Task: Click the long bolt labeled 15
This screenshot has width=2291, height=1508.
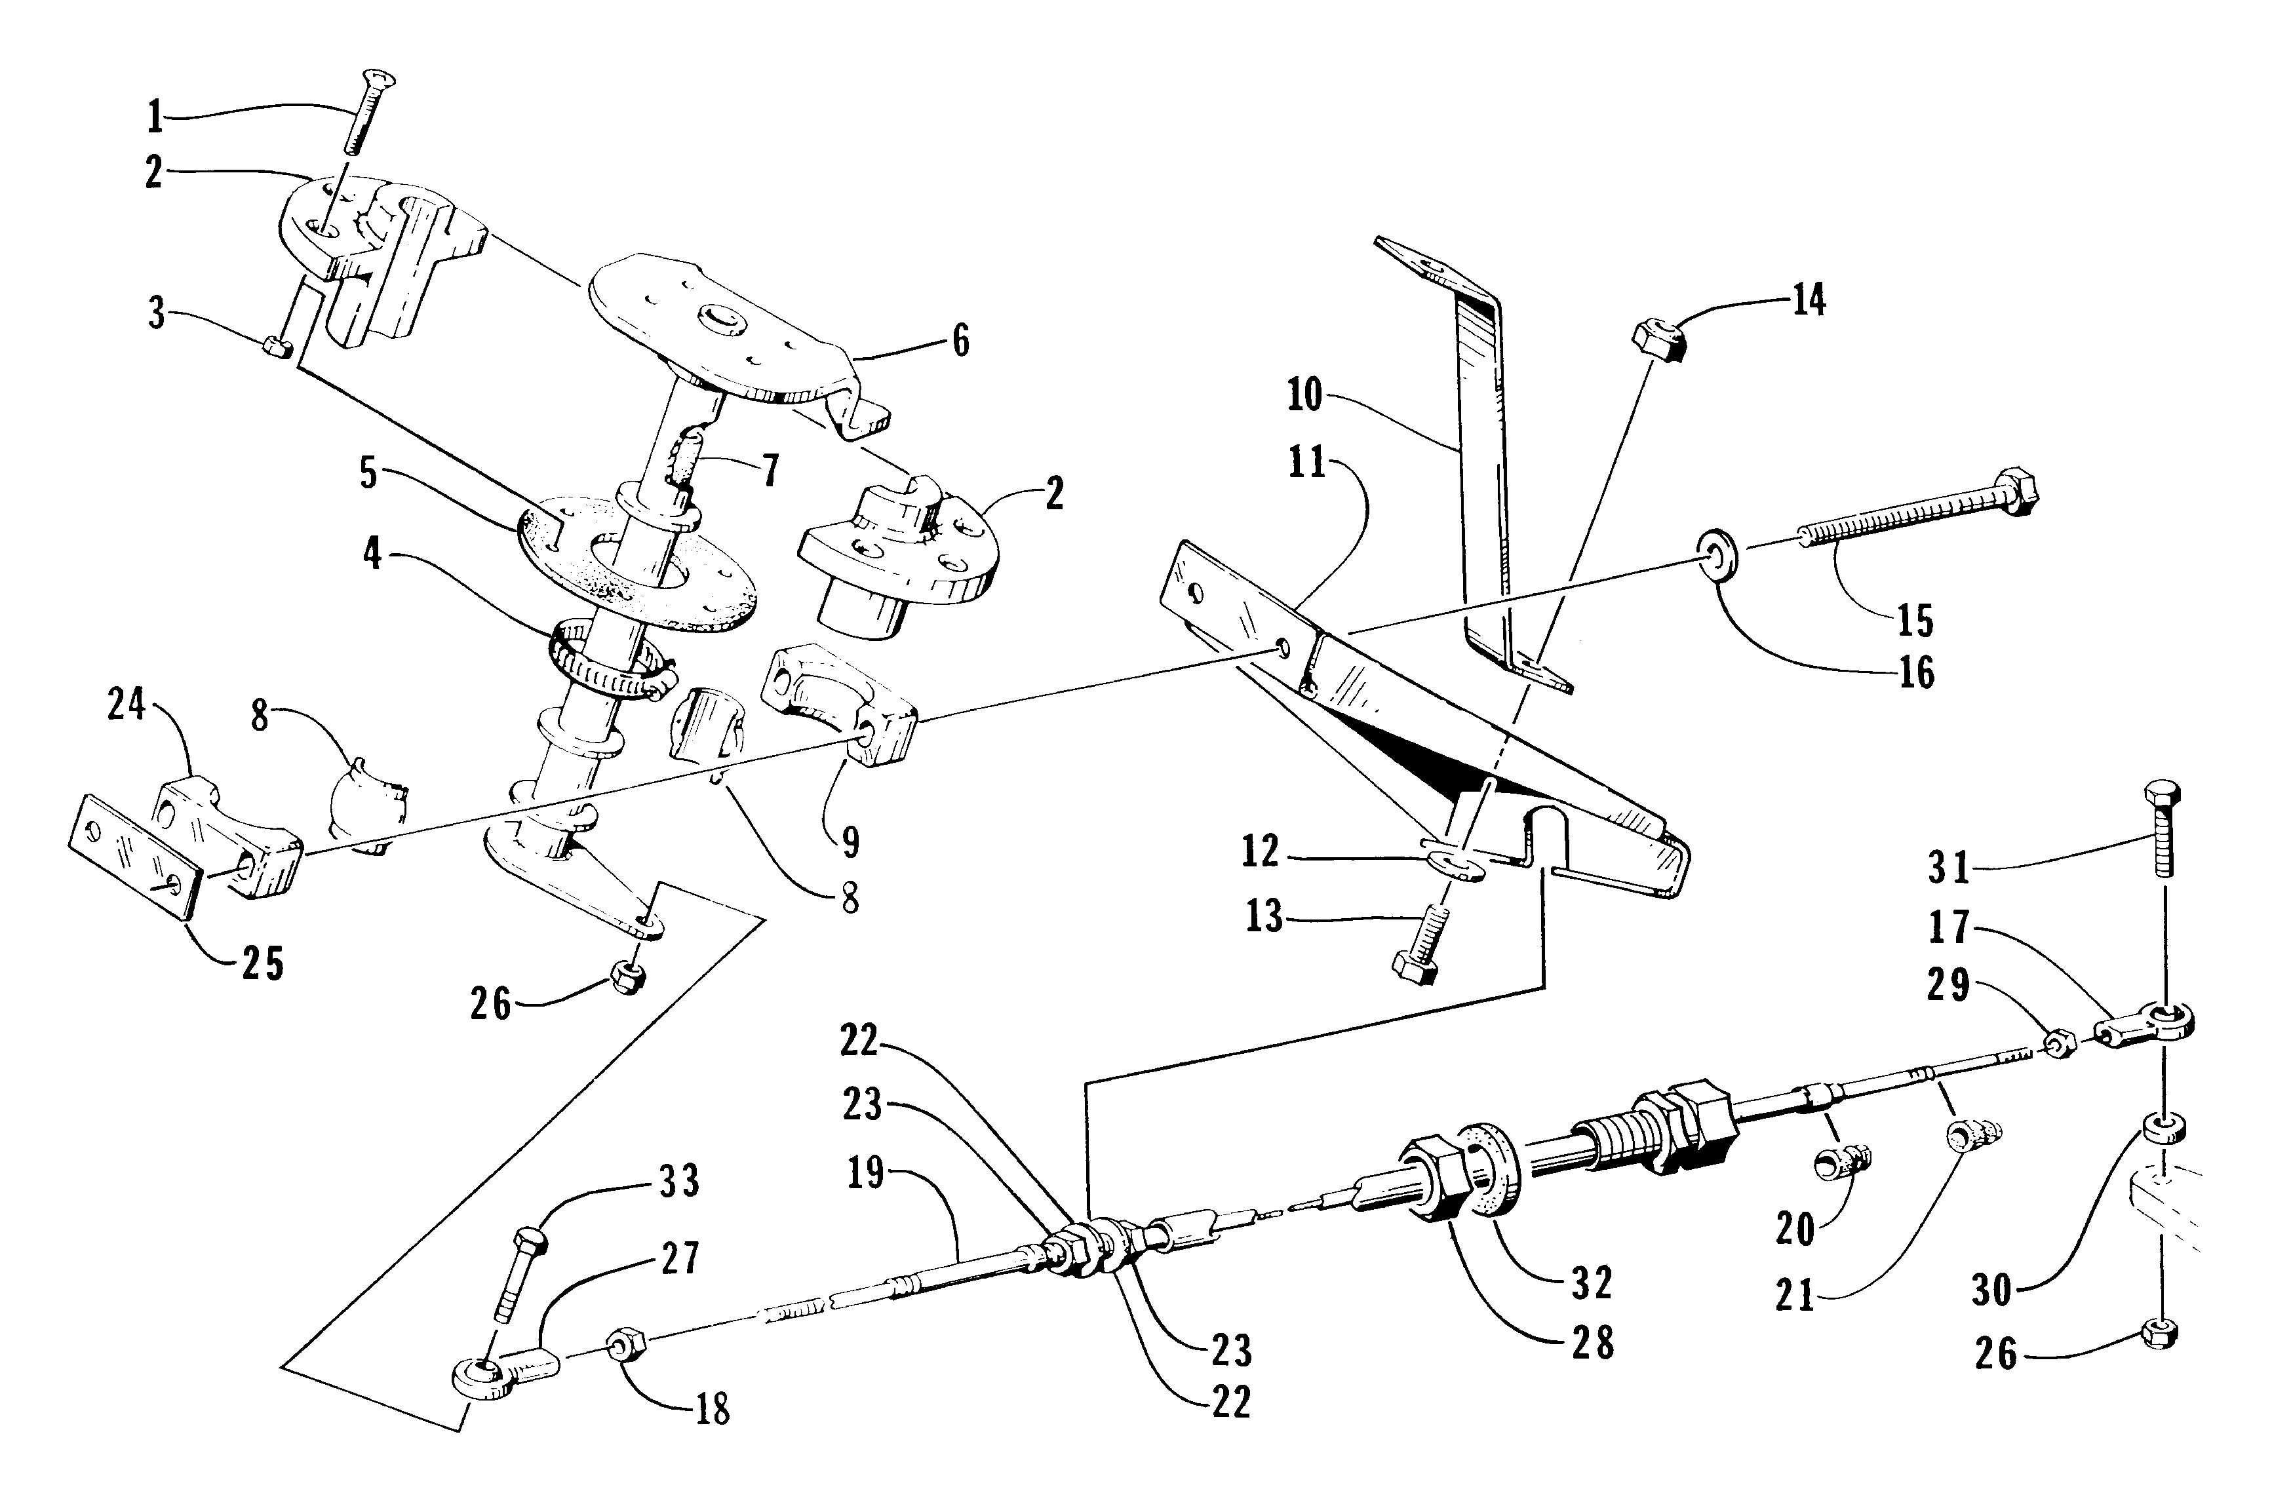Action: [x=1915, y=511]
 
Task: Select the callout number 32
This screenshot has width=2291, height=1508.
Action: [x=1590, y=1283]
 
